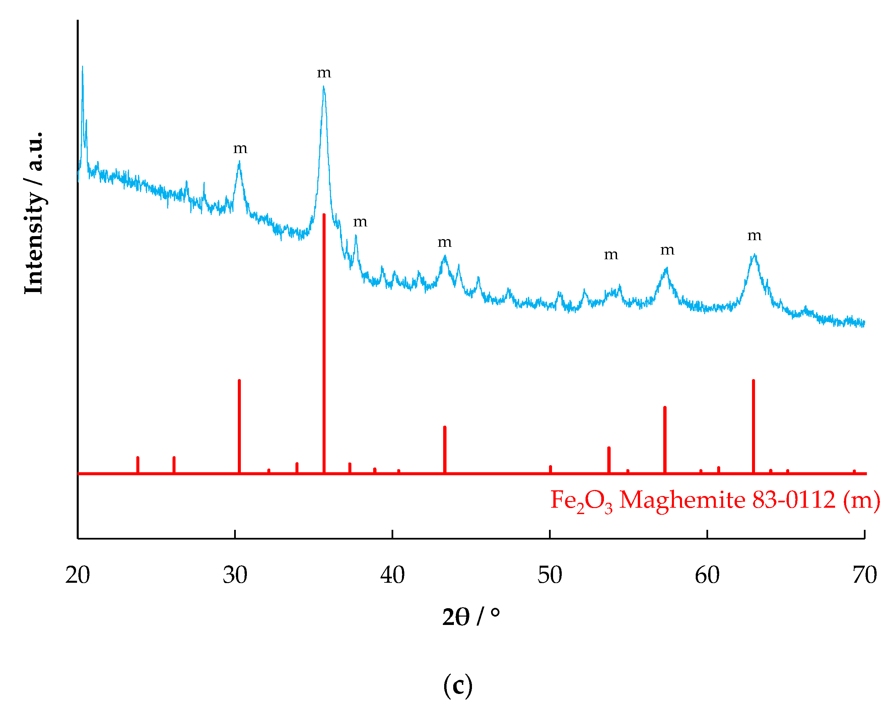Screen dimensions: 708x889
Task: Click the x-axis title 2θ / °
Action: pos(471,617)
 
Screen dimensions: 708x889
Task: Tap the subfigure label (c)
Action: pos(458,685)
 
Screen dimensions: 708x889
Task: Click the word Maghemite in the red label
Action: pos(682,500)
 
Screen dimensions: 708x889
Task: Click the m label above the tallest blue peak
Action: pos(324,73)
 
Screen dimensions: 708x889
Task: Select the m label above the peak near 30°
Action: pos(241,148)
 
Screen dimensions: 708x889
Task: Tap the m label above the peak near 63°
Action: pos(755,236)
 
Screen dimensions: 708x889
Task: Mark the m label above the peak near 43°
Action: pos(445,242)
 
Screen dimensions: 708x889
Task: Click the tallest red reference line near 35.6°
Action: pos(324,342)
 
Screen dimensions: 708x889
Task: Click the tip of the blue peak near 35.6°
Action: pos(324,87)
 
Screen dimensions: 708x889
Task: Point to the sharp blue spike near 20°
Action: pos(82,68)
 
